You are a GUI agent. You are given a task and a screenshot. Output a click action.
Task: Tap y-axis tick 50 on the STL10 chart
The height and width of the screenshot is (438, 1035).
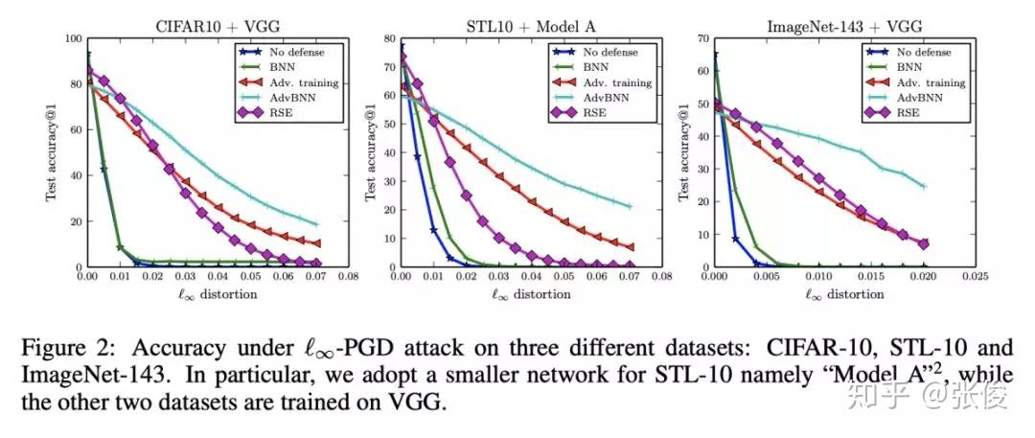point(391,124)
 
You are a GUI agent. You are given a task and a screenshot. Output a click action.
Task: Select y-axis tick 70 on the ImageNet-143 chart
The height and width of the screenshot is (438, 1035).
point(704,38)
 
